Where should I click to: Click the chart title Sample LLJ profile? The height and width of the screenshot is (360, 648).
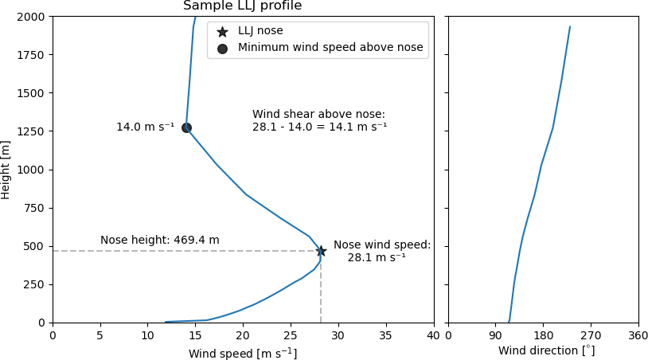point(242,6)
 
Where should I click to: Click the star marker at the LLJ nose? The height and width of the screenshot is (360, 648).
point(321,251)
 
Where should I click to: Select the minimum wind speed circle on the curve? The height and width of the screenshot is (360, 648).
point(186,127)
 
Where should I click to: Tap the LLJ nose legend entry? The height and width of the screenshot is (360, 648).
point(260,31)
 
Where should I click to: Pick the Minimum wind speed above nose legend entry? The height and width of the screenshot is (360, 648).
point(330,48)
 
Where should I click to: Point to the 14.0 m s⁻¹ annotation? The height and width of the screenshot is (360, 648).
point(145,127)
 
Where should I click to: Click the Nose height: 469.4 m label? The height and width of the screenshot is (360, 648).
point(159,241)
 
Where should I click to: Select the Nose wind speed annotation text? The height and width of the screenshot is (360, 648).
point(381,251)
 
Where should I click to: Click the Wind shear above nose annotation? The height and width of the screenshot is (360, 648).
point(319,120)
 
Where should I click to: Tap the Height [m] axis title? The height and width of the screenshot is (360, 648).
point(6,170)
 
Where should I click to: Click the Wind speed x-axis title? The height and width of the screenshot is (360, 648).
point(243,353)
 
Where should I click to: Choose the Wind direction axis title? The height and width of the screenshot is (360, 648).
point(546,351)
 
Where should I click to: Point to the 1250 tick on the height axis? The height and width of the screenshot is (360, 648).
point(31,131)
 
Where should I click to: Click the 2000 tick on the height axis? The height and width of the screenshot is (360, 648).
point(31,17)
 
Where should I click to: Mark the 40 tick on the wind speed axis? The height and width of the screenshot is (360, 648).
point(434,335)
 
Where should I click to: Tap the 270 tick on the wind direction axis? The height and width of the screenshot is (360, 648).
point(591,335)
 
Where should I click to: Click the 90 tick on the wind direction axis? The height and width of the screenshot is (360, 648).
point(495,335)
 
